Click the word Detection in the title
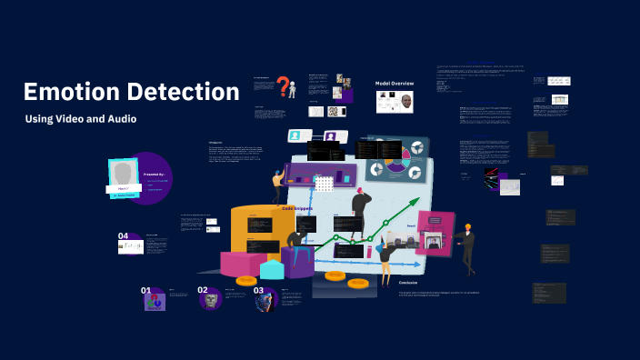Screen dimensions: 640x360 point(184,93)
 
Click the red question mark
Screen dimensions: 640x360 point(284,87)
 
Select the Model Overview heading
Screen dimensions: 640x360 point(395,84)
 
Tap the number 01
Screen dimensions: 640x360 point(145,291)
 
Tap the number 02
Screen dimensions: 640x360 point(203,291)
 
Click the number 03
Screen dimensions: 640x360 point(259,291)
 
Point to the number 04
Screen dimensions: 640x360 point(123,236)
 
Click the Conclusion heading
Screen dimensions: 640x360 point(407,283)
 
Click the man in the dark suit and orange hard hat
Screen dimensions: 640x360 point(466,247)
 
